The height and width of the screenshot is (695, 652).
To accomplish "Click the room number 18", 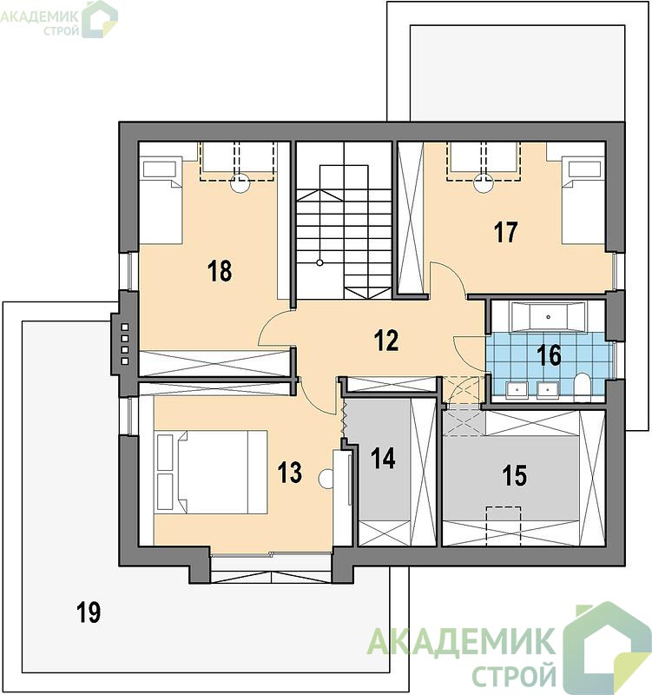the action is click(220, 271).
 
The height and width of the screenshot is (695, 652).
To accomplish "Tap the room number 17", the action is click(506, 232).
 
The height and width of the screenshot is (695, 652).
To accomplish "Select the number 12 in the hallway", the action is click(386, 341).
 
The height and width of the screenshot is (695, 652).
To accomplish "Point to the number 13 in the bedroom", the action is click(290, 472).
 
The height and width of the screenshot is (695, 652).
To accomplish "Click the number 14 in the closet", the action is click(383, 459).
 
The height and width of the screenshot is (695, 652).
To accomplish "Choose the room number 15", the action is click(515, 475).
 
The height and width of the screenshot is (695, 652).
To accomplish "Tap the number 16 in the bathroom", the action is click(549, 355).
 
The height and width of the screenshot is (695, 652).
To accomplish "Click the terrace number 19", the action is click(89, 612).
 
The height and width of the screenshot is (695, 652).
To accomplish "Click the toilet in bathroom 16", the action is click(582, 385).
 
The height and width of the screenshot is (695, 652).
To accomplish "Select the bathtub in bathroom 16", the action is click(549, 316).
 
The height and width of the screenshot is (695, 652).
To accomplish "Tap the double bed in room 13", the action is click(211, 472).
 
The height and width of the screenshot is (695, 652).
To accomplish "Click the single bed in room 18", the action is click(161, 200).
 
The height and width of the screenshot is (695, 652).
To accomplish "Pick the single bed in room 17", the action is click(583, 200).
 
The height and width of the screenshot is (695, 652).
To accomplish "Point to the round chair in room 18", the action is click(240, 183).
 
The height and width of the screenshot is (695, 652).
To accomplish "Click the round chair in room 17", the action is click(484, 183).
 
